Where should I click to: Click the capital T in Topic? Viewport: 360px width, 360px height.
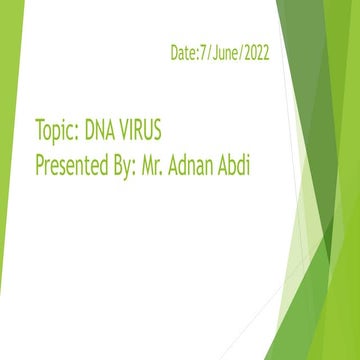39,133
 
